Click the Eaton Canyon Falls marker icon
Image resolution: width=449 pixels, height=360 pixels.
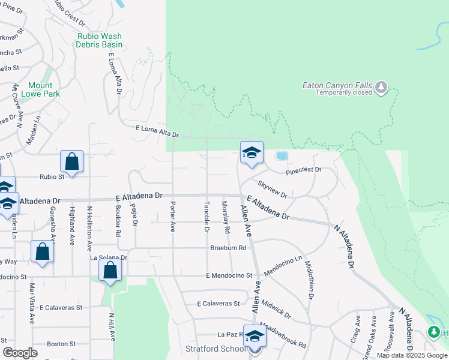[x=381, y=88]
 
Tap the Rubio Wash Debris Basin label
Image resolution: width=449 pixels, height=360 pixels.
[x=100, y=40]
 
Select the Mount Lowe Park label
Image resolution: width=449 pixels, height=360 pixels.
[x=40, y=89]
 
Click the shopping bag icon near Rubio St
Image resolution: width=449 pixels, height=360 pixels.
[x=71, y=162]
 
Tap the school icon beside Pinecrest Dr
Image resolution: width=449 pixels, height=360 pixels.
[x=252, y=152]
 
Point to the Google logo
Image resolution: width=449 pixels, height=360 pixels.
[x=20, y=353]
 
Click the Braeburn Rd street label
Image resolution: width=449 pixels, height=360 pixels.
[x=228, y=248]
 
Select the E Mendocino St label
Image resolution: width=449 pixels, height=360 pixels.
[x=228, y=275]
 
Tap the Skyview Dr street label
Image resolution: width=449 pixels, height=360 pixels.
[x=273, y=189]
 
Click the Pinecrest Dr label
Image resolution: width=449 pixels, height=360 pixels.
[x=304, y=171]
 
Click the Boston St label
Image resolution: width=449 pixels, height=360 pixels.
[x=61, y=344]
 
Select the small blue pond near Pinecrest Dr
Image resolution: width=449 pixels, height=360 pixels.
[x=281, y=156]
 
